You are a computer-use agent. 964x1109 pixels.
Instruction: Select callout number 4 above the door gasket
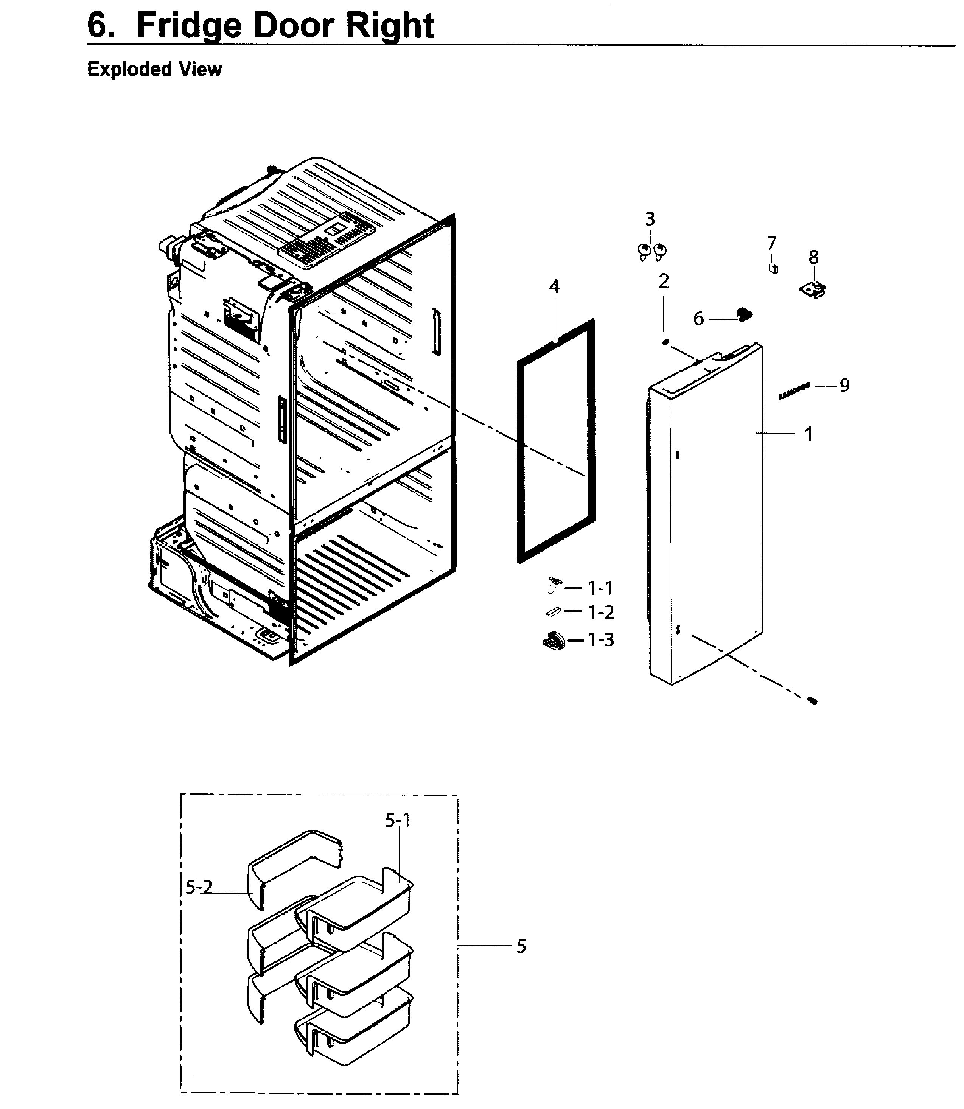coord(554,286)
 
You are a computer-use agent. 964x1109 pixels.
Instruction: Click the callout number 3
coord(650,219)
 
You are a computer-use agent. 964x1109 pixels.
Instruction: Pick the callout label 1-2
coord(601,612)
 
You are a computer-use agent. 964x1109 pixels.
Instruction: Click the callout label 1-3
coord(601,640)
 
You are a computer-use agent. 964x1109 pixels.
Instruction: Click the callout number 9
coord(844,385)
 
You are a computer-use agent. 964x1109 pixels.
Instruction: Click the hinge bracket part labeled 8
coord(813,291)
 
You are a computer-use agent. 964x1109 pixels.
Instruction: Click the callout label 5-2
coord(199,887)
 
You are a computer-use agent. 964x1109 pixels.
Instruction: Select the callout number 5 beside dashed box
coord(521,946)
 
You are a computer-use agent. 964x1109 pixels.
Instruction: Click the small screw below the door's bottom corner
coord(813,701)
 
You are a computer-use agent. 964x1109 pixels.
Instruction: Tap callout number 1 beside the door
coord(809,434)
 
